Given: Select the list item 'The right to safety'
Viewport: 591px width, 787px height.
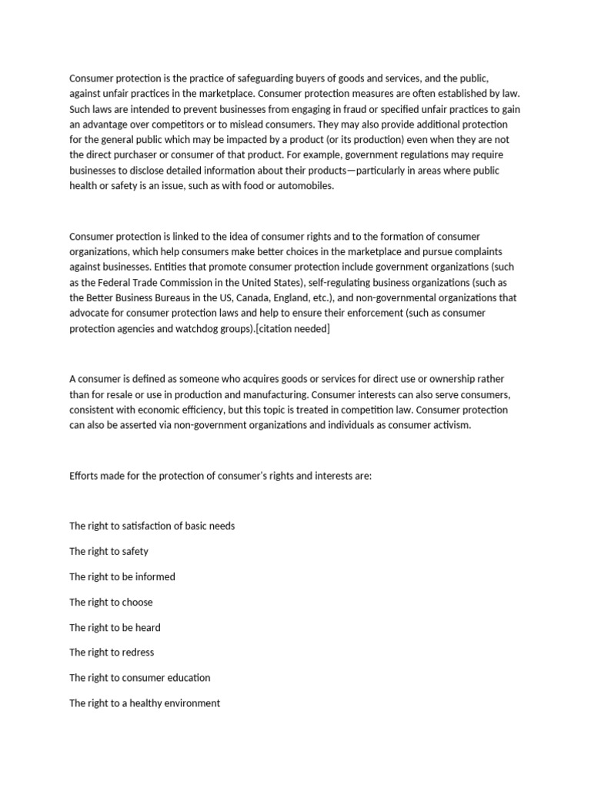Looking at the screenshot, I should [109, 551].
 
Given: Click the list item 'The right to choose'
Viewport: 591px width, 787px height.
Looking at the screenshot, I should [111, 602].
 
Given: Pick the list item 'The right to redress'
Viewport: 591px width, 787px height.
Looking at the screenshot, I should [112, 652].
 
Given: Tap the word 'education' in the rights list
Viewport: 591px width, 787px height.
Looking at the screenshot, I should [189, 677].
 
